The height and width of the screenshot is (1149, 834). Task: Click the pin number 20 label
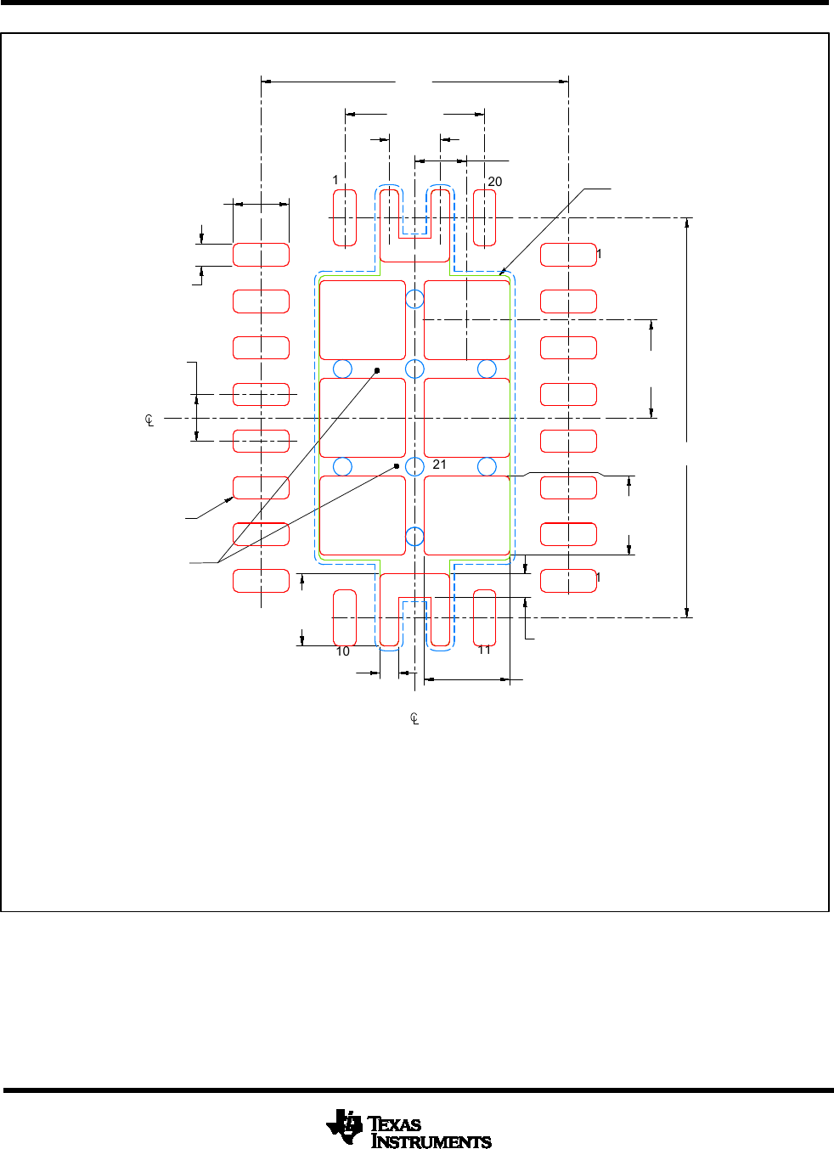tap(494, 182)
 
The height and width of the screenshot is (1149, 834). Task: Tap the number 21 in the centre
tap(439, 465)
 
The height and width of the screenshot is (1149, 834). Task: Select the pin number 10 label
tap(342, 651)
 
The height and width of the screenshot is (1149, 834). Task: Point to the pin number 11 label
tap(484, 650)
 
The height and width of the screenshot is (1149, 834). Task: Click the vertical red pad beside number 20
tap(484, 218)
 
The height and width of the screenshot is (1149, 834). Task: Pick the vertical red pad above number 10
tap(345, 617)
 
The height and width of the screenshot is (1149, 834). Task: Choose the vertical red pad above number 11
tap(484, 617)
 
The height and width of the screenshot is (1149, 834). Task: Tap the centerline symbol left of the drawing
tap(149, 420)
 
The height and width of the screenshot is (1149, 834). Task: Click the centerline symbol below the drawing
tap(414, 718)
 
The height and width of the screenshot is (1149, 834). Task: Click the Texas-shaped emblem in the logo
tap(344, 1126)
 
